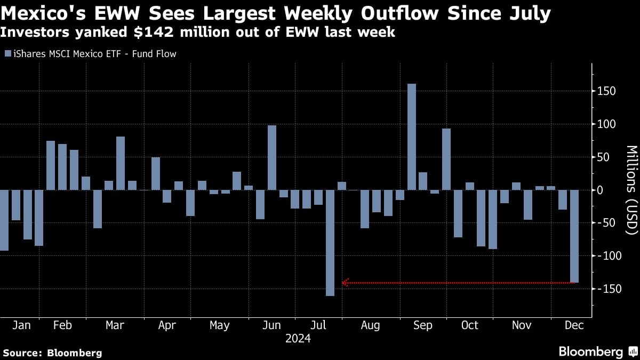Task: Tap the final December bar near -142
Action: point(574,236)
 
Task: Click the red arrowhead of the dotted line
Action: point(345,283)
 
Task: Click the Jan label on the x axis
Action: point(21,325)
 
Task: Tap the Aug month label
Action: point(370,325)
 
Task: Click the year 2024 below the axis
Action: point(298,339)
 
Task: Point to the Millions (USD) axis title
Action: point(631,190)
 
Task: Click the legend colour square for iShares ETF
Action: point(7,54)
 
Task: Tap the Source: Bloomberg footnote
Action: point(52,353)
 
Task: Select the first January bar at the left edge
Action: point(4,220)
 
